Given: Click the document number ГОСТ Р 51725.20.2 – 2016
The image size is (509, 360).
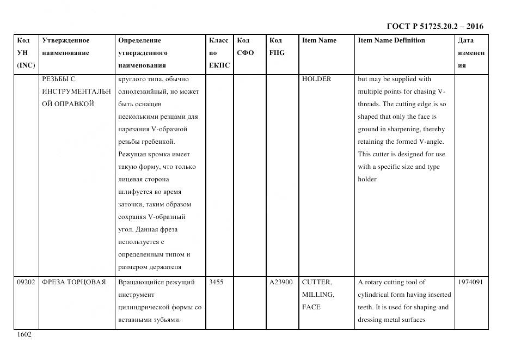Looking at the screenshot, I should (434, 26).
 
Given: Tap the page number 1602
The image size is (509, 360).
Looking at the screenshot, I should (23, 334).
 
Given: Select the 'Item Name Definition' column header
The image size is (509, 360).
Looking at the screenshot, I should (391, 40).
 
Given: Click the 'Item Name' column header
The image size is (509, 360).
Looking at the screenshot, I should (319, 40).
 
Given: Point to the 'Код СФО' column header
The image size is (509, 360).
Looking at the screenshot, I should (245, 47).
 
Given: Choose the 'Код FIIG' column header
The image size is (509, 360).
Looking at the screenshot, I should (277, 47).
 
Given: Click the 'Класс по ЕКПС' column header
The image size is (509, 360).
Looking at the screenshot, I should (219, 53).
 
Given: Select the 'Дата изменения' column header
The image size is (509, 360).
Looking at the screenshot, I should (471, 53).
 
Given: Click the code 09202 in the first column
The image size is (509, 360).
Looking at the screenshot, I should (26, 282).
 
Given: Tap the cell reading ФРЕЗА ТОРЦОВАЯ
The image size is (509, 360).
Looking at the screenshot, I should (73, 282).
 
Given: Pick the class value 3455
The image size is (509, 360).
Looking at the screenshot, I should (216, 282).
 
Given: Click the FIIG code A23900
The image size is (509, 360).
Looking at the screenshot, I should (281, 282).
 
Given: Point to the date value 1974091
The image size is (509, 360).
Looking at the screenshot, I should (470, 282).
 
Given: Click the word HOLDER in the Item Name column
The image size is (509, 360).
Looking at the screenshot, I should (316, 79).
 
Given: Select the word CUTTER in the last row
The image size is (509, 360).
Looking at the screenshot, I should (317, 282).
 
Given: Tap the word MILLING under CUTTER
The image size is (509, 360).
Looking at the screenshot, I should (318, 295).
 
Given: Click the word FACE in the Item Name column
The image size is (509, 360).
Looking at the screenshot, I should (311, 307).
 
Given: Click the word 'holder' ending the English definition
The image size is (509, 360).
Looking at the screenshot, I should (367, 179).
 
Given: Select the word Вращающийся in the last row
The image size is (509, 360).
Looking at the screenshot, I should (139, 282).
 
